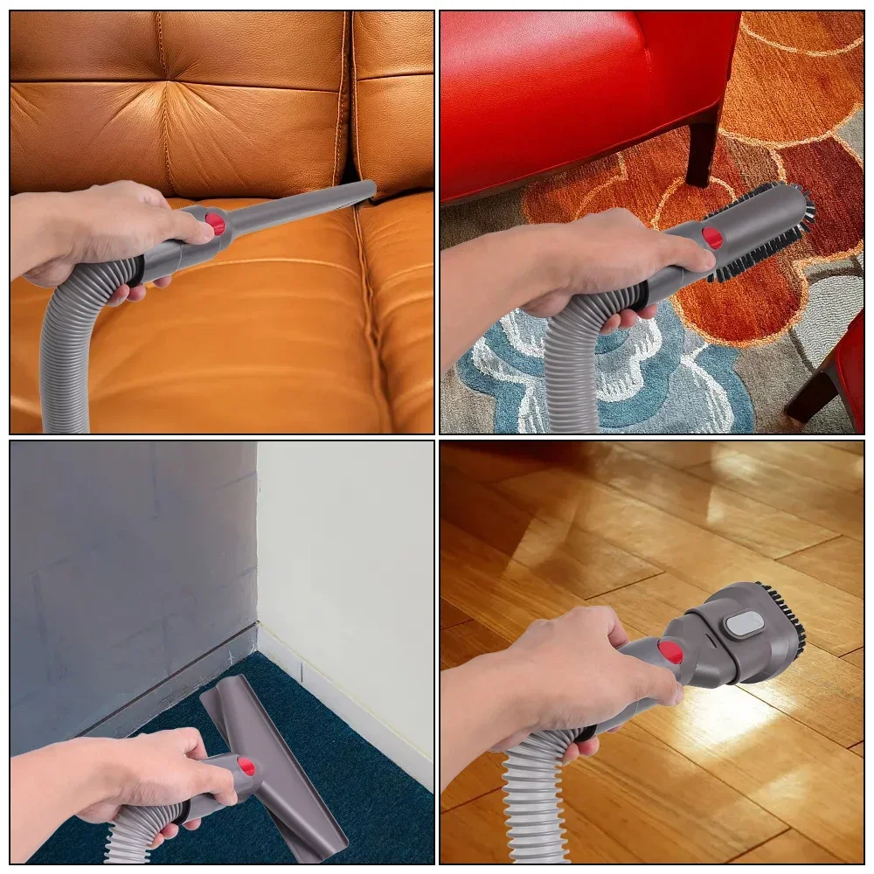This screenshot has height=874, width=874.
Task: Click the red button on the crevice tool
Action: [215, 224]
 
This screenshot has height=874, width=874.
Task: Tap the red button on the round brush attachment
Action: [712, 237]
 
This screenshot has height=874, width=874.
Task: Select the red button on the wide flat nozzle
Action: [246, 767]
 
